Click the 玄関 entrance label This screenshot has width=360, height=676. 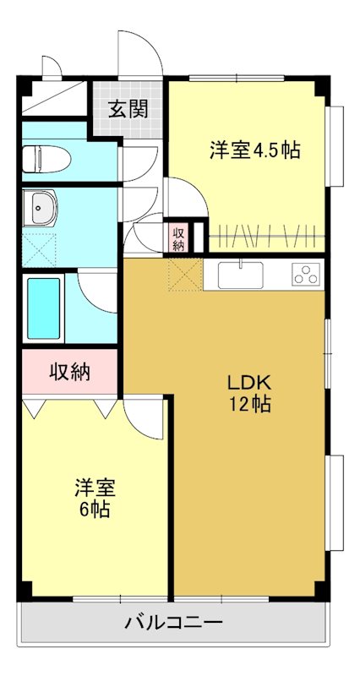click(128, 108)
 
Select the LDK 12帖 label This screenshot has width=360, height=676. click(248, 392)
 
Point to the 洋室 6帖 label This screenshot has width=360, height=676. click(94, 498)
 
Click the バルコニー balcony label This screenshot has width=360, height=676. click(173, 624)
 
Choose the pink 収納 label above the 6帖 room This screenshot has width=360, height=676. click(70, 371)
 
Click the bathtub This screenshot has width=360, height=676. click(44, 308)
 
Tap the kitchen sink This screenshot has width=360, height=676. click(241, 275)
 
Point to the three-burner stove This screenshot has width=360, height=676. click(305, 275)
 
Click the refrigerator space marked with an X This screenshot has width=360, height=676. click(184, 275)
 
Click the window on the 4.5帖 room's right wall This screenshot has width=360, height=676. click(336, 145)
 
